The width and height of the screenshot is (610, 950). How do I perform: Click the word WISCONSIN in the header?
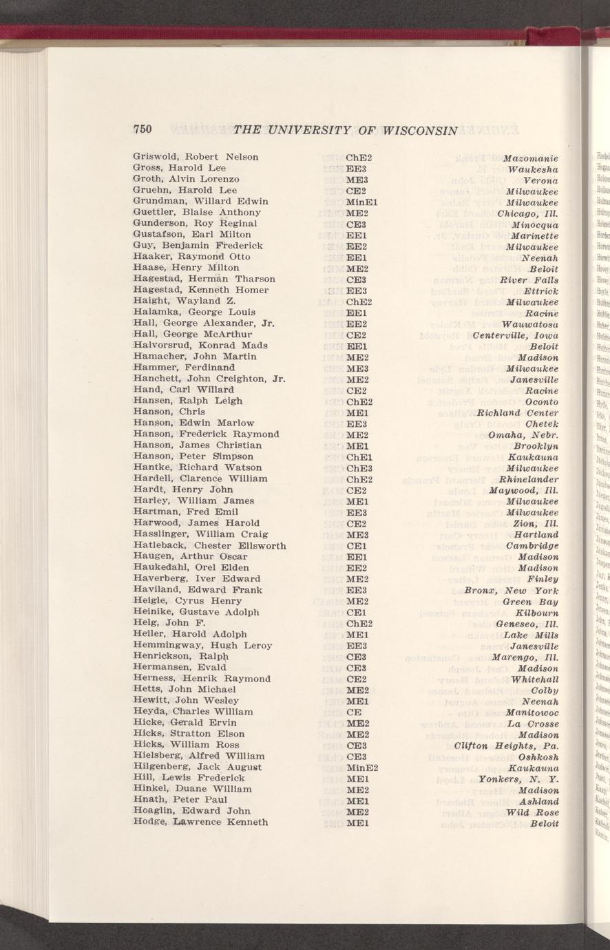(x=420, y=129)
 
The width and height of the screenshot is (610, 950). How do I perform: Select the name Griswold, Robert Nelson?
(x=196, y=157)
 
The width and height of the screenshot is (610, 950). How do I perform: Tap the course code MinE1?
(x=360, y=202)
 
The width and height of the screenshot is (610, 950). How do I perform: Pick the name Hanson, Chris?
(x=169, y=412)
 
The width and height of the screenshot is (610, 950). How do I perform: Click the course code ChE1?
(x=359, y=456)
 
